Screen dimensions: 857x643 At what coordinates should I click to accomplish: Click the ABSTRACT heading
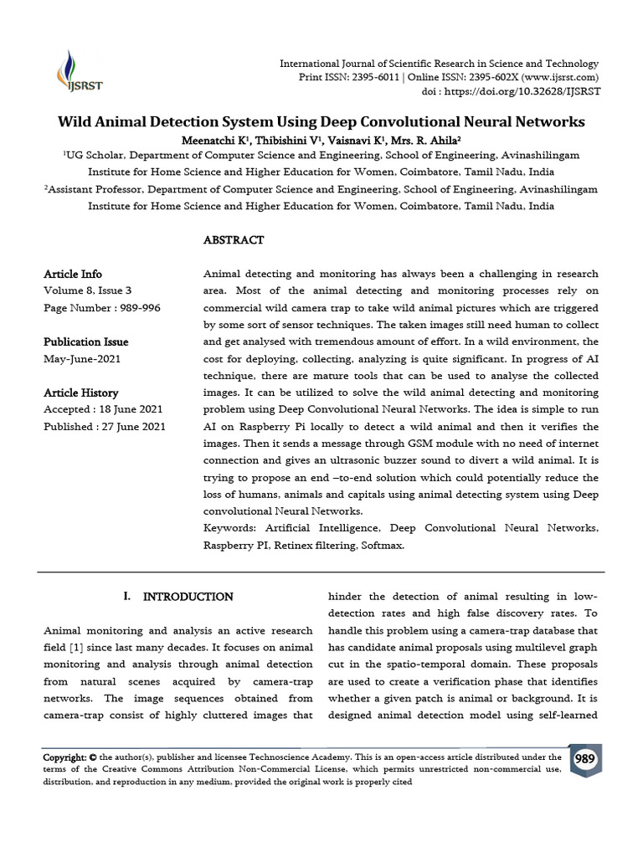click(234, 240)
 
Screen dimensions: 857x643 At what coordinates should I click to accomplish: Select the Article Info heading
click(73, 275)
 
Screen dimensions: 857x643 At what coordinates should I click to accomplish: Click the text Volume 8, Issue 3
click(87, 291)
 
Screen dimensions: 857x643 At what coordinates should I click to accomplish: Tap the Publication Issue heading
click(85, 342)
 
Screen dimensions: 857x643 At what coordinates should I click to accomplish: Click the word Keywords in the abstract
click(229, 529)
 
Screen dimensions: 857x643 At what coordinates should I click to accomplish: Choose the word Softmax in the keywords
click(382, 546)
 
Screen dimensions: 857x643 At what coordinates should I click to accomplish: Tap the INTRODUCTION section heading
click(188, 598)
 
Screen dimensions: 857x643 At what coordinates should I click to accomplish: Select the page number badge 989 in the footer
click(585, 758)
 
